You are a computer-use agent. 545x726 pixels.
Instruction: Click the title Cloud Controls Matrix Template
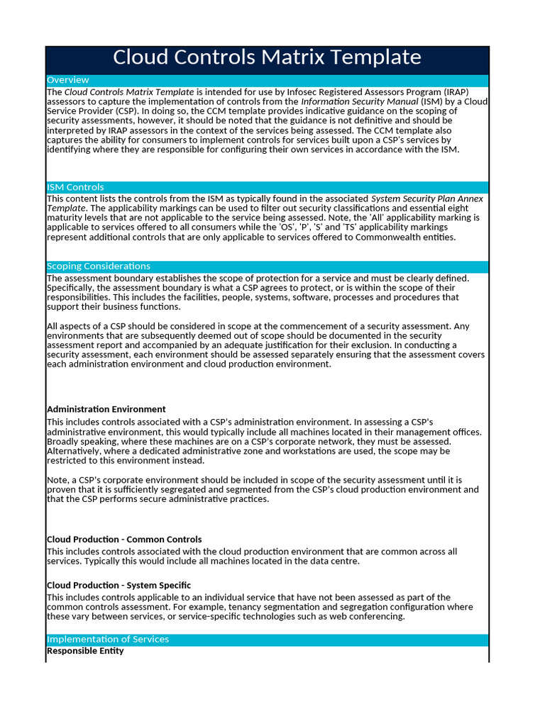point(267,57)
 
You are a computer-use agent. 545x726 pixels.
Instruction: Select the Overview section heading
point(68,80)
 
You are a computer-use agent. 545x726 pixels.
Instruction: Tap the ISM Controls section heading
point(75,187)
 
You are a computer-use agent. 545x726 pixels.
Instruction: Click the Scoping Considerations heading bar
point(99,266)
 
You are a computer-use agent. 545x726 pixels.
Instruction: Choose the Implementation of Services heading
point(108,639)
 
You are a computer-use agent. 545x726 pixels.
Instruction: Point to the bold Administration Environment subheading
point(106,409)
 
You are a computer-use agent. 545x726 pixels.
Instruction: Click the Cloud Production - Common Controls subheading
point(124,540)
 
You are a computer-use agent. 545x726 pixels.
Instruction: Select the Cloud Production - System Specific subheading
point(119,586)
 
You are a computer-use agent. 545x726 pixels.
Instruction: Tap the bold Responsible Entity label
point(85,651)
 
